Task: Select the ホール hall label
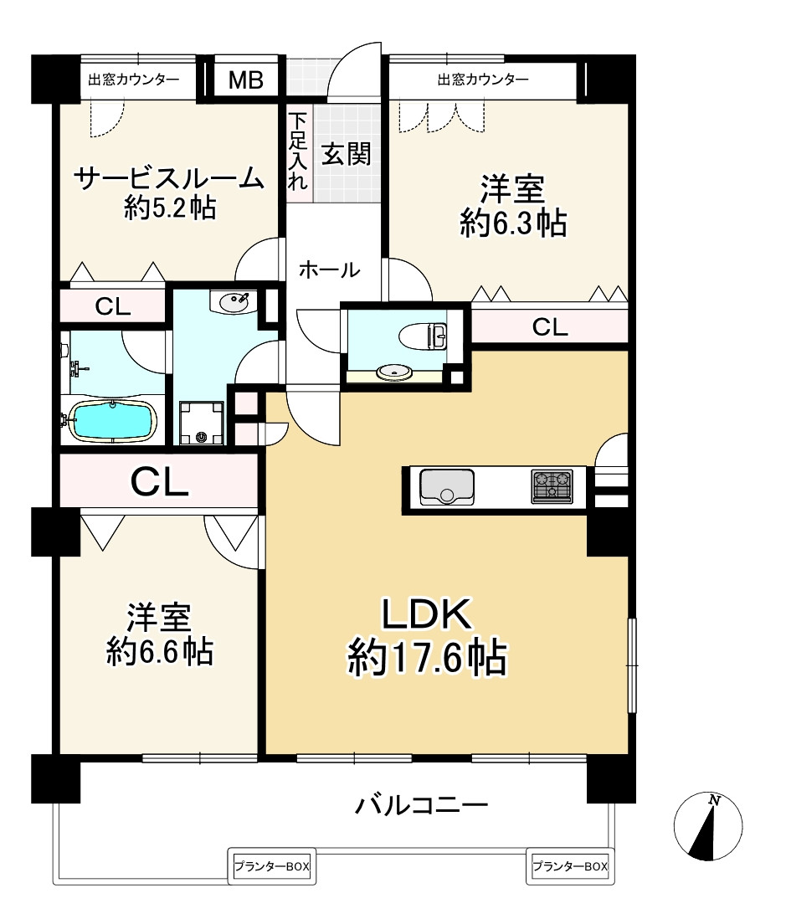coord(329,269)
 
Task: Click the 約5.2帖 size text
coord(170,208)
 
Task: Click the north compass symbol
coord(708,826)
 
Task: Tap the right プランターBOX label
coord(569,867)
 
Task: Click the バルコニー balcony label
coord(422,806)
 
